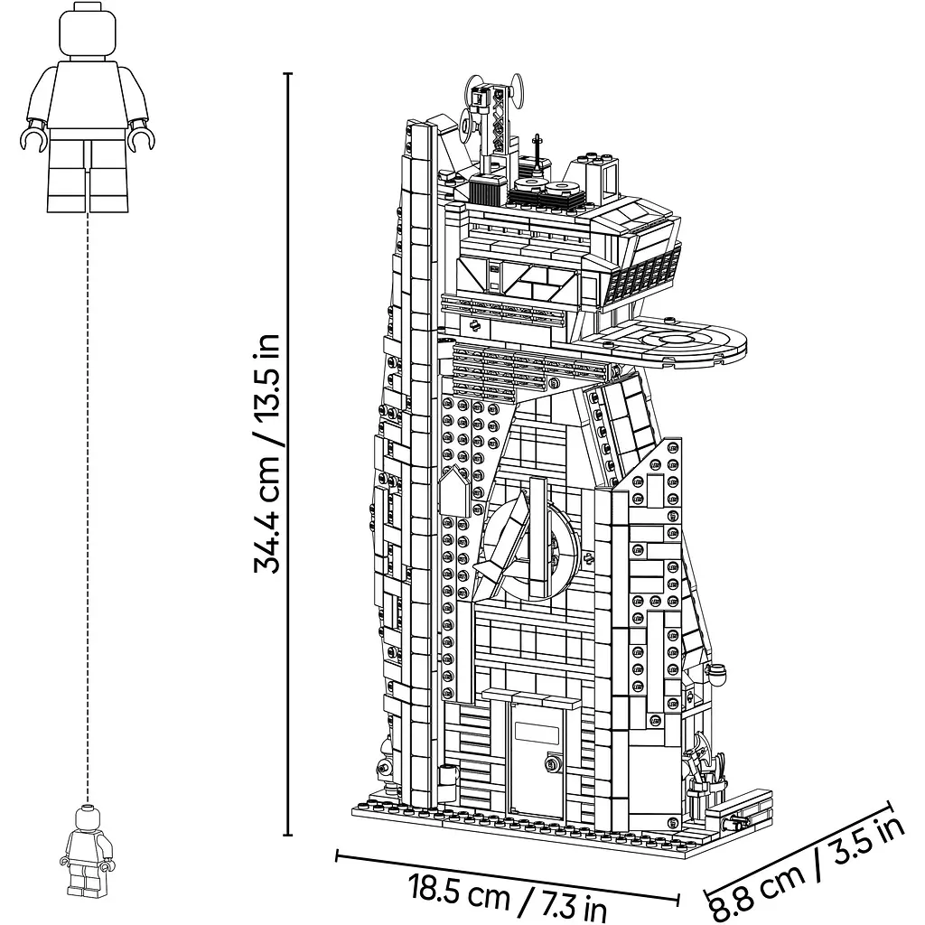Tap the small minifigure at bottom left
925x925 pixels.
pos(88,850)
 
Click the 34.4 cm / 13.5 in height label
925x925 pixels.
pos(266,453)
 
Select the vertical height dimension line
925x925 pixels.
pos(288,454)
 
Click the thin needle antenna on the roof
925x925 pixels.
pos(537,155)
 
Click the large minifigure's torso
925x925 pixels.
pos(88,94)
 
